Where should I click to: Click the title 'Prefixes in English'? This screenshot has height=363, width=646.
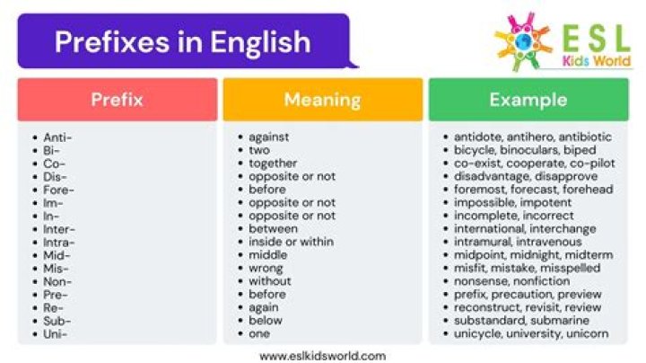pos(182,41)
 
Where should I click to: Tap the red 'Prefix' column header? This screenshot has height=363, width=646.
pos(117,100)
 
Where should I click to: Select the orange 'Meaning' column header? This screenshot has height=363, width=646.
pos(322,100)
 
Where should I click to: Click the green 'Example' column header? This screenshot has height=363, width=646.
pos(528,100)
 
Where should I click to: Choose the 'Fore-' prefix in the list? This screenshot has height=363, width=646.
pos(58,190)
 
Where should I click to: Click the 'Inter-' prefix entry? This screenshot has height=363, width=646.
pos(59,229)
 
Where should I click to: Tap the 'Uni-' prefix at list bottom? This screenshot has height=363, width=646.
pos(56,334)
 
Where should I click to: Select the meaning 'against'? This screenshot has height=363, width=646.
pos(269,137)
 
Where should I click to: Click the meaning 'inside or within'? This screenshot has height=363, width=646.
pos(291,243)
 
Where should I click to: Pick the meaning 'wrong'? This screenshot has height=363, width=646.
pos(266,269)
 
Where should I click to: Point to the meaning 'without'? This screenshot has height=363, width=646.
pos(270,281)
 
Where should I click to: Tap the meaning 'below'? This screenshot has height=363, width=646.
pos(266,321)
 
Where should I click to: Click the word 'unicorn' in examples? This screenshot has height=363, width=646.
pos(588,334)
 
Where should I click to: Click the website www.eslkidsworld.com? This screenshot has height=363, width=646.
pos(322,355)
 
